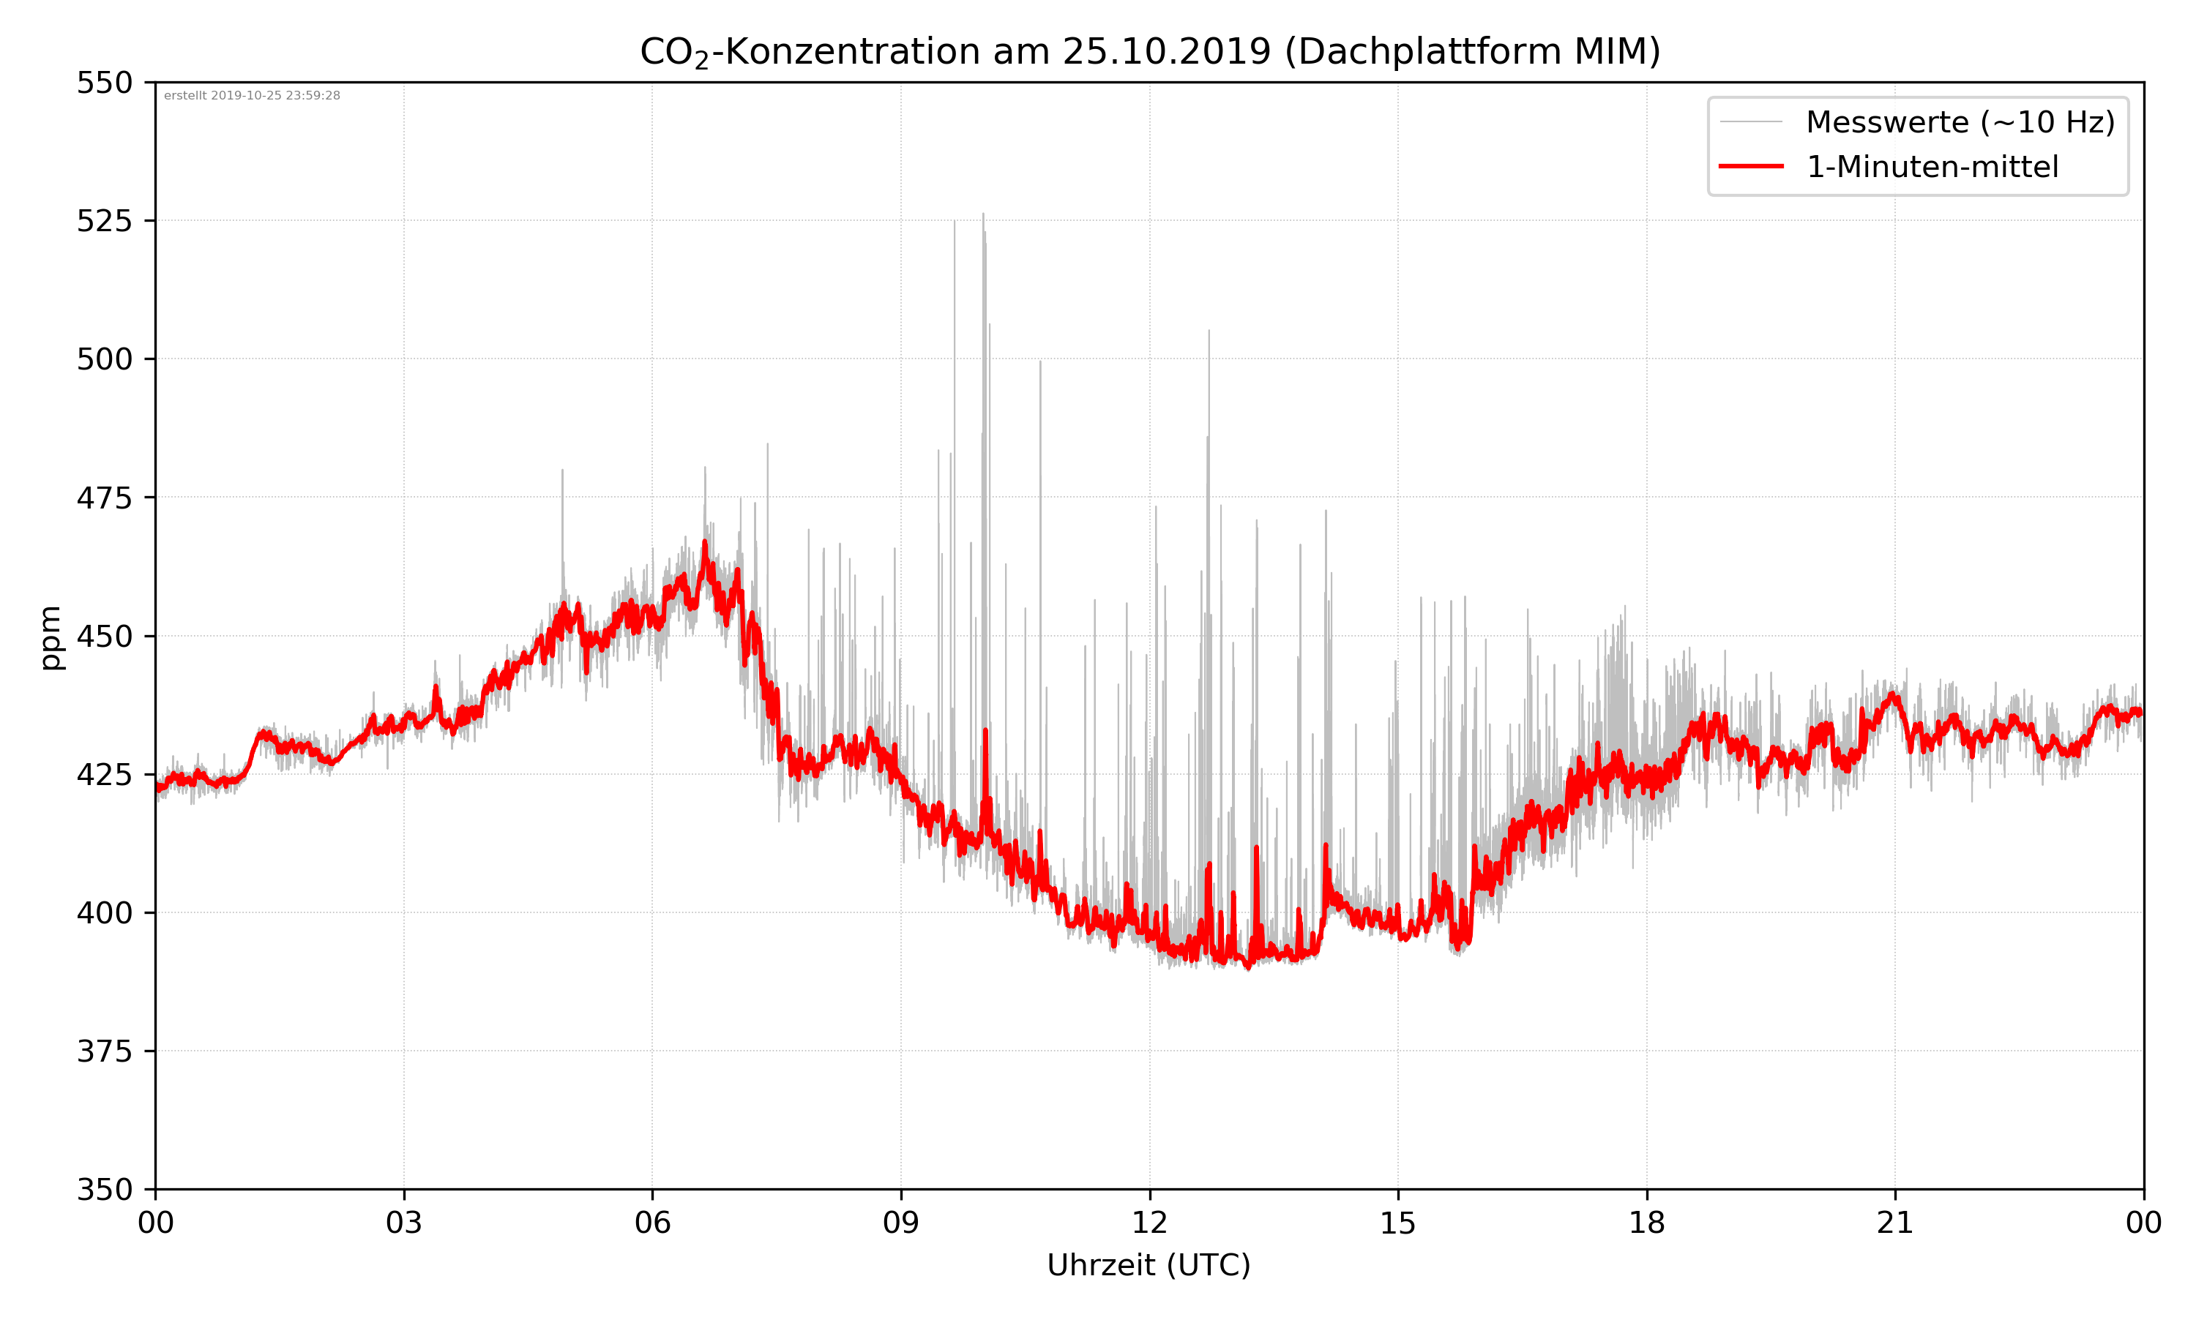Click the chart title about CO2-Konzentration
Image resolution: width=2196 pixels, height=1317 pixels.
point(1149,53)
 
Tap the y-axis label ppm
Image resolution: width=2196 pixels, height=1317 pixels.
point(51,637)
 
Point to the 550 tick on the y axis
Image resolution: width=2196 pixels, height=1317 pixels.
point(104,83)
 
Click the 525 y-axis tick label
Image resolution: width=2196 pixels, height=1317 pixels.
point(104,221)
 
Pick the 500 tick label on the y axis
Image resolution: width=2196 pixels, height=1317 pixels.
point(104,359)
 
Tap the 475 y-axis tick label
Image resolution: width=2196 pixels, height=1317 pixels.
point(104,498)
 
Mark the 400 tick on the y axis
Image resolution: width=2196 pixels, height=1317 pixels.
point(104,913)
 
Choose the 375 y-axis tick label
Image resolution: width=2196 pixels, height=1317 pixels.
point(104,1051)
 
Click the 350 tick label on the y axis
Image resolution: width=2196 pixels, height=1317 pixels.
point(104,1190)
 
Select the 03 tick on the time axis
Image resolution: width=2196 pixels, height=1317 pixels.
point(404,1223)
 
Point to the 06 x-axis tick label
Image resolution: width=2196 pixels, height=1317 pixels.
point(652,1223)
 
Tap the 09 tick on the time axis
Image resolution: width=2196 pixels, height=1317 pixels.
point(901,1223)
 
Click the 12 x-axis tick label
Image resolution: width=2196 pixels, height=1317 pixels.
point(1149,1223)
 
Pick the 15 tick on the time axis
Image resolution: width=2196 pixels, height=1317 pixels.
point(1398,1223)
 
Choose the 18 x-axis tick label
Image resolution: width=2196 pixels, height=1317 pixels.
point(1646,1223)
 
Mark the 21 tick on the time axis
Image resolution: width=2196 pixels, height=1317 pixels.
point(1895,1223)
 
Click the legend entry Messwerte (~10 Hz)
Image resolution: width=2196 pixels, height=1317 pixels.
point(1960,122)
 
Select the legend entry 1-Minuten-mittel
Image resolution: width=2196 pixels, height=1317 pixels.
point(1932,167)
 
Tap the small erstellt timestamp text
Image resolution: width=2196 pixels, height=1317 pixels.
point(252,96)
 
